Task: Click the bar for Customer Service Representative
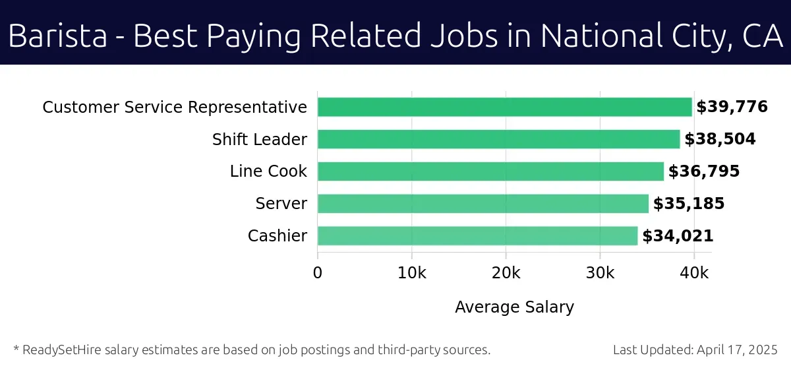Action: point(504,107)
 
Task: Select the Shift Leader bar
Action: point(498,139)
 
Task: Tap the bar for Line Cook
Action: point(490,171)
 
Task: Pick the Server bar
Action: point(483,204)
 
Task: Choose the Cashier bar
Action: point(477,236)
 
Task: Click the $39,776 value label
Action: point(732,107)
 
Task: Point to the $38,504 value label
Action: point(720,139)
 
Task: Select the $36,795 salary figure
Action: point(704,171)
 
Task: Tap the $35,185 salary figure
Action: point(689,204)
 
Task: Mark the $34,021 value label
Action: point(678,236)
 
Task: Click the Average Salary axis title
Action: point(514,307)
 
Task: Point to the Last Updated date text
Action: point(695,350)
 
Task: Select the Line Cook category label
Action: point(268,171)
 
